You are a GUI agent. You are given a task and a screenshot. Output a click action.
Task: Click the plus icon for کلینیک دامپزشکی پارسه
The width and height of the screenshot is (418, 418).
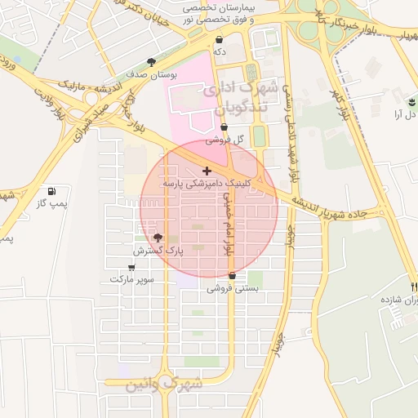pyautogui.click(x=207, y=171)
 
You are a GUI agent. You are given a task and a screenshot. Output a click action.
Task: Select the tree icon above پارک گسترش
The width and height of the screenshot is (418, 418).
pyautogui.click(x=158, y=237)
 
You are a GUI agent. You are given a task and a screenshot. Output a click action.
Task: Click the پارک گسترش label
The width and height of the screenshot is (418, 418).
pyautogui.click(x=163, y=251)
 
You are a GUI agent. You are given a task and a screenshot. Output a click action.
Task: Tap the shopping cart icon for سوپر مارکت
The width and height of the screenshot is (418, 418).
pyautogui.click(x=132, y=266)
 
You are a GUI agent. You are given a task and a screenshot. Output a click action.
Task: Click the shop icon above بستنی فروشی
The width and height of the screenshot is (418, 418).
pyautogui.click(x=233, y=276)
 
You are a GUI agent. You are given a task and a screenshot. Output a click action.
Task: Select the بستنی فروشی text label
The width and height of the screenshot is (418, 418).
pyautogui.click(x=233, y=288)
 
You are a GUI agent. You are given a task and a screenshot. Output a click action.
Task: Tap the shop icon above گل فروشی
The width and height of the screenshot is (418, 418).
pyautogui.click(x=224, y=127)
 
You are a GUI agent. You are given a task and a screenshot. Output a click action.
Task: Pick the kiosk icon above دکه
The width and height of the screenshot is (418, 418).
pyautogui.click(x=219, y=39)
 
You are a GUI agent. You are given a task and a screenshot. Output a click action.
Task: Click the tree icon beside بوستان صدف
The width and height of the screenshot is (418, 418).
pyautogui.click(x=151, y=61)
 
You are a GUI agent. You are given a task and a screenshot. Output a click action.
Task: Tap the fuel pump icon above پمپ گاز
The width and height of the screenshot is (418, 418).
pyautogui.click(x=53, y=190)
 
